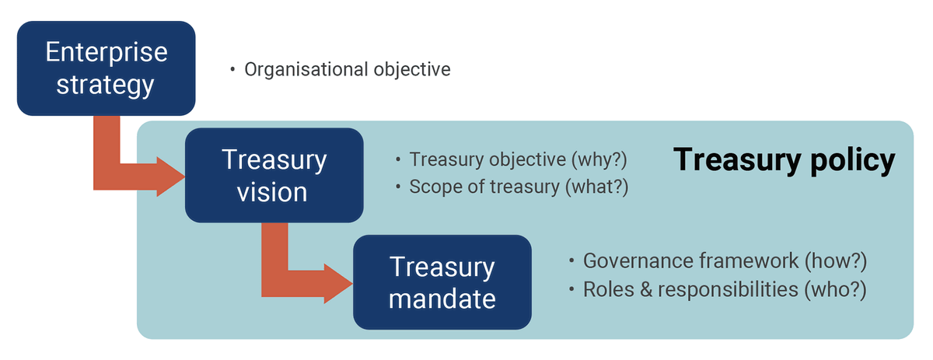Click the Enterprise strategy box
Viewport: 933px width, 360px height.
coord(106,68)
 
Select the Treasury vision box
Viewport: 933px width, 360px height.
coord(274,175)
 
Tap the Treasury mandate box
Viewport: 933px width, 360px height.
coord(442,281)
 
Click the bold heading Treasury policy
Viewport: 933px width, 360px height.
coord(784,160)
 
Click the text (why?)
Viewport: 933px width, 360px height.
coord(599,159)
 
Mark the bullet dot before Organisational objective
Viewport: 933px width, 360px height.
coord(232,70)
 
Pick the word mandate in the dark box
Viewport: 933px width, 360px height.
coord(442,297)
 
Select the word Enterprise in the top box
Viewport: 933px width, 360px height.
coord(106,53)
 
